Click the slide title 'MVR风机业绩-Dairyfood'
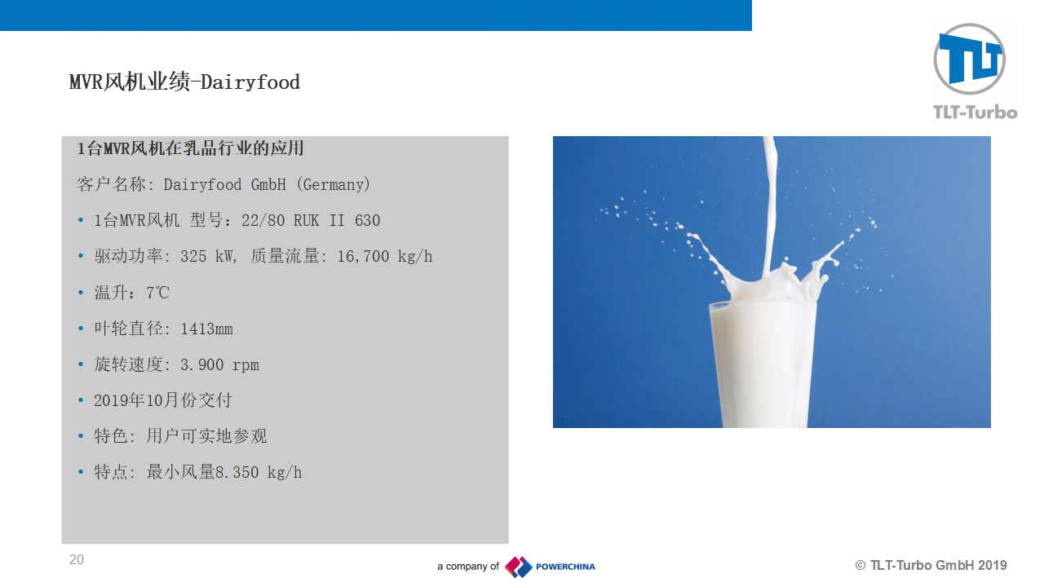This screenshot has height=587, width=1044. point(184,82)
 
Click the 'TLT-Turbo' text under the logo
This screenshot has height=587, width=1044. point(975,113)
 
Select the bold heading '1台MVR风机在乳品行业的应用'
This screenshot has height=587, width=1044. point(190,148)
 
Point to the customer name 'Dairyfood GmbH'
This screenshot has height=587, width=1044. point(224,185)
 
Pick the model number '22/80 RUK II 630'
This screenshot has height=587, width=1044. point(311,220)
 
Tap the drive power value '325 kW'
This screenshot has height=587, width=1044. point(206,257)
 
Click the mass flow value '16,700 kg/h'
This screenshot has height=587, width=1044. point(384,257)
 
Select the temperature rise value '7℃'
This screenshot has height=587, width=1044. point(158,293)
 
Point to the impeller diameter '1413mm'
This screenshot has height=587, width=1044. point(206,329)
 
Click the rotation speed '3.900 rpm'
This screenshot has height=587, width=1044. point(219,364)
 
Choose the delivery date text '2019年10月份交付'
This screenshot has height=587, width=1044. point(163,400)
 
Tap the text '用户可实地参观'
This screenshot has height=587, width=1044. point(206,436)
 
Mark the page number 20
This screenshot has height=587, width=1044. point(77,559)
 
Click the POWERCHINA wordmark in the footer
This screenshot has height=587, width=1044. point(565,567)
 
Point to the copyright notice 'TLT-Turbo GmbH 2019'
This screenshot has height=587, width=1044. point(938,566)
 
